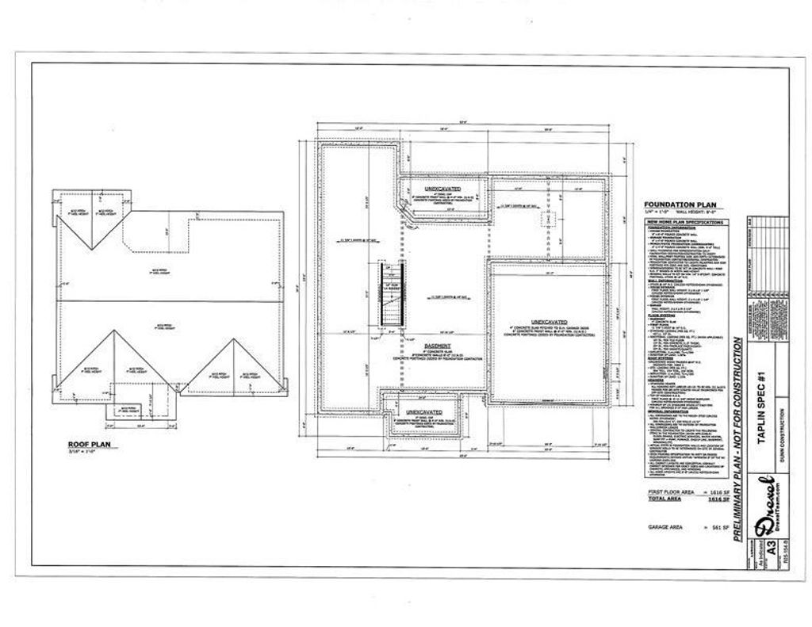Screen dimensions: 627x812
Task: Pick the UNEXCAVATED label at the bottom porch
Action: coord(424,413)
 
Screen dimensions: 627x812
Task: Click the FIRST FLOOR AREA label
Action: coord(669,493)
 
